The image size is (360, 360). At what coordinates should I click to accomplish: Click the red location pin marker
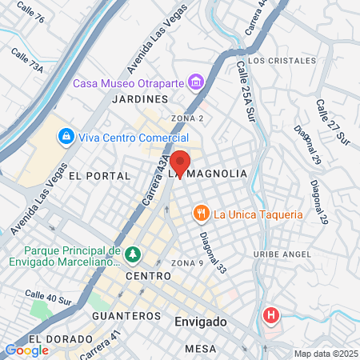pos(181,163)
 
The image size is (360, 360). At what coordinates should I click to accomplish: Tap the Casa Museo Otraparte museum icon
pos(195,82)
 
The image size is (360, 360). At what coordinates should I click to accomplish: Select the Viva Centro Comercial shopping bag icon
pos(66,136)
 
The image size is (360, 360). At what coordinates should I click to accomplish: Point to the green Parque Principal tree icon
pos(132,255)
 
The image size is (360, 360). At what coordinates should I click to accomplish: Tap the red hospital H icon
pos(272,315)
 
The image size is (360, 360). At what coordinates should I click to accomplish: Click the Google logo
pos(26,350)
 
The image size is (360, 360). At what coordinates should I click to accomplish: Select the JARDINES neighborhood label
pos(141,99)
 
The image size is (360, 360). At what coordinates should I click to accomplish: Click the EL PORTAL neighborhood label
pos(99,175)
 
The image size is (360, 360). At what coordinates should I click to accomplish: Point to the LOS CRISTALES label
pos(276,61)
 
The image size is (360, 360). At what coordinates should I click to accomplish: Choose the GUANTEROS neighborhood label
pos(127,316)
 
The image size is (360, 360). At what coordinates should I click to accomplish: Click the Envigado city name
pos(200,322)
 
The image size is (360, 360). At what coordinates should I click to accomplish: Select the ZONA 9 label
pos(187,263)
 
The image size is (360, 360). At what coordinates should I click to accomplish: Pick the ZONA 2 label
pos(187,118)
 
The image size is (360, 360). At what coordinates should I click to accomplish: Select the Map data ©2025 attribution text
pos(326,354)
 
